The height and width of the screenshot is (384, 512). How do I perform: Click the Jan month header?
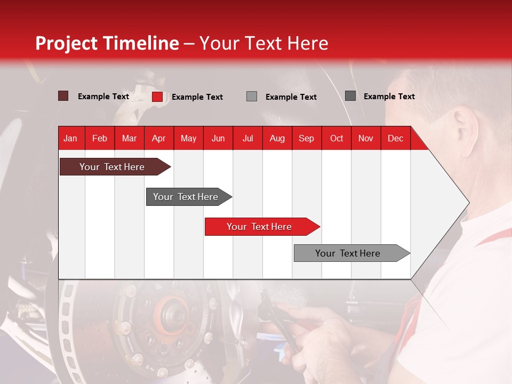70,139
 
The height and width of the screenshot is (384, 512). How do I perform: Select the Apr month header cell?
158,139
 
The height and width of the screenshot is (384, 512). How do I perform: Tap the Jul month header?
247,139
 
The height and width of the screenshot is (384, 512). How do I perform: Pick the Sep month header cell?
306,139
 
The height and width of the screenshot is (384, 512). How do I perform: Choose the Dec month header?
395,139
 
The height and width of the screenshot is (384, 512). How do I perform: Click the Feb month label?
100,139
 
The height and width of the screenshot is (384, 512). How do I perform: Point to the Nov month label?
365,139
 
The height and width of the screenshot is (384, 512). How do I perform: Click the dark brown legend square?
63,96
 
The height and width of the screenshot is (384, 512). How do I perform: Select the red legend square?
157,97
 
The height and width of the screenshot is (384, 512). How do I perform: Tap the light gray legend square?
252,97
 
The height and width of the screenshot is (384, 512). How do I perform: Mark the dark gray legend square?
350,96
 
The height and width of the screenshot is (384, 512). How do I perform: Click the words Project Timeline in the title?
107,43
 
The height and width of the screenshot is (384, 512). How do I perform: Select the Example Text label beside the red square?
197,97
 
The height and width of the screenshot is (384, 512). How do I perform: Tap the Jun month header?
218,139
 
